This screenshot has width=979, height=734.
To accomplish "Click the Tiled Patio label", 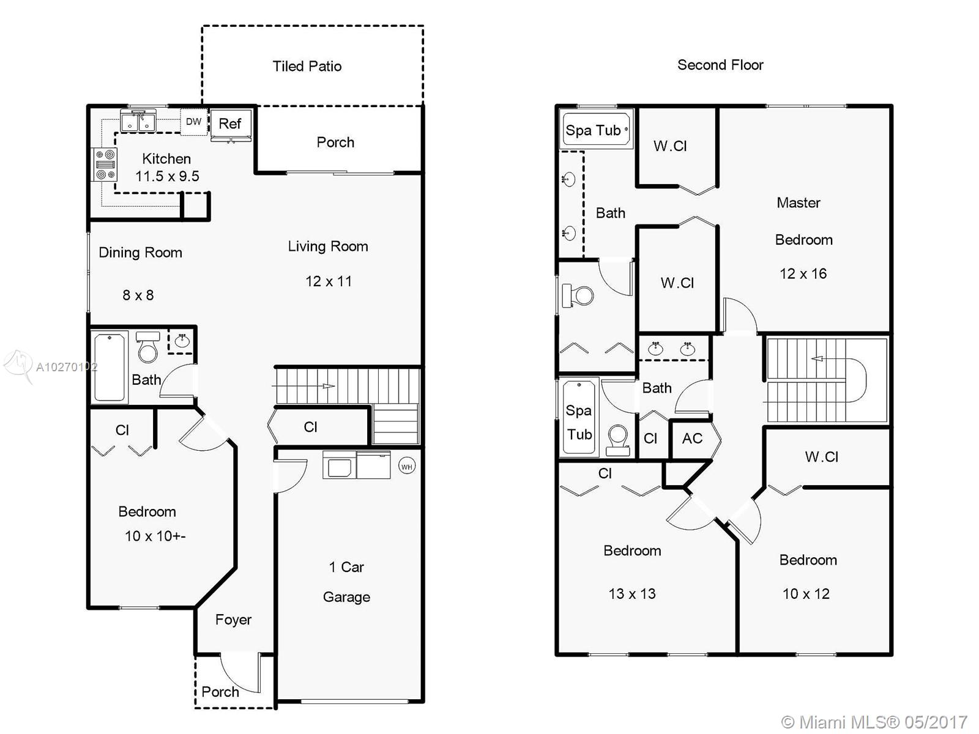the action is click(x=307, y=66).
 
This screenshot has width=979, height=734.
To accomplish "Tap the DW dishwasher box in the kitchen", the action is click(x=193, y=121).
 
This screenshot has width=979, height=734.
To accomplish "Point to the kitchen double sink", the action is click(x=138, y=120).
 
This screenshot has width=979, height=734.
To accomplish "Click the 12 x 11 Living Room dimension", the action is click(x=329, y=281).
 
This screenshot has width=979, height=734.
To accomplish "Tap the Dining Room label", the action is click(x=141, y=253).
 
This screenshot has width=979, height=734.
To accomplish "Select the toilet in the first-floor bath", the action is click(x=148, y=347).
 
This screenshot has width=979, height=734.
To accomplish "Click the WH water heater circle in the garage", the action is click(x=407, y=467).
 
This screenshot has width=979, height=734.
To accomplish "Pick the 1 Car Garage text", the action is click(x=346, y=582).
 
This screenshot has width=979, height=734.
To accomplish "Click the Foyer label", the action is click(x=233, y=620).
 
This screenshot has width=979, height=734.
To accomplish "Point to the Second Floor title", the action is click(x=720, y=65).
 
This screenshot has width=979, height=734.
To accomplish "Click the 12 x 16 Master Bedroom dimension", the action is click(x=803, y=273).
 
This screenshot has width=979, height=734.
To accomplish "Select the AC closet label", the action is click(x=692, y=439).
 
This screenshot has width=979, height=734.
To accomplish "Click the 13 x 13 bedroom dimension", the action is click(x=632, y=593).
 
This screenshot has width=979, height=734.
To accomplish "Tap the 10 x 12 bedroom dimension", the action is click(x=806, y=593).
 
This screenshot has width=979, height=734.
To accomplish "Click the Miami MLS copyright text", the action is click(x=874, y=722).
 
